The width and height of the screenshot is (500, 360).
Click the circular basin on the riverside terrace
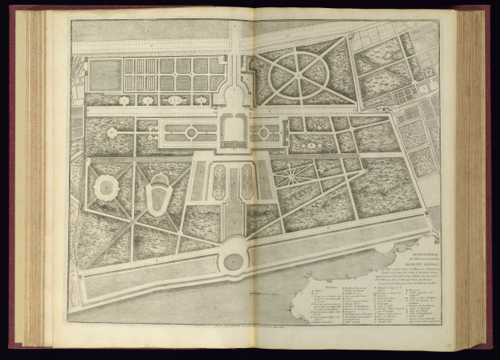234,261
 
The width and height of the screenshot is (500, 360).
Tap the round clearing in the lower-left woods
104,189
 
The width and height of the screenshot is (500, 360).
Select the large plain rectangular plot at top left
105,75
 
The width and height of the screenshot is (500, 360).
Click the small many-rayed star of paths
299,171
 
